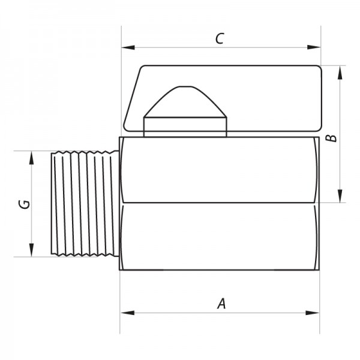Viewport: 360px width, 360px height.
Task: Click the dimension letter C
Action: coord(220,38)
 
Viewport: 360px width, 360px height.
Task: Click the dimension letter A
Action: coord(222,304)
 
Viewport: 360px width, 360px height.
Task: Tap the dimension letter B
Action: coord(332,138)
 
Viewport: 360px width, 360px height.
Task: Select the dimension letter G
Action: coord(25,205)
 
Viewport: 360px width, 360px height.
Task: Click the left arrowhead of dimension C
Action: coord(128,47)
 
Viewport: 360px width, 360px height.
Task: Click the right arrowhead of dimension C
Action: coord(314,47)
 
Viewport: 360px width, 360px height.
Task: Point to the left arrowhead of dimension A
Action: coord(127,313)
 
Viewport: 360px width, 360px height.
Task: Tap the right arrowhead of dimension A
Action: coord(313,313)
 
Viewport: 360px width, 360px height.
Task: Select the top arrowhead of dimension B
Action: coord(340,73)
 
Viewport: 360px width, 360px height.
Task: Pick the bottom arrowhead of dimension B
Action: coord(340,196)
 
